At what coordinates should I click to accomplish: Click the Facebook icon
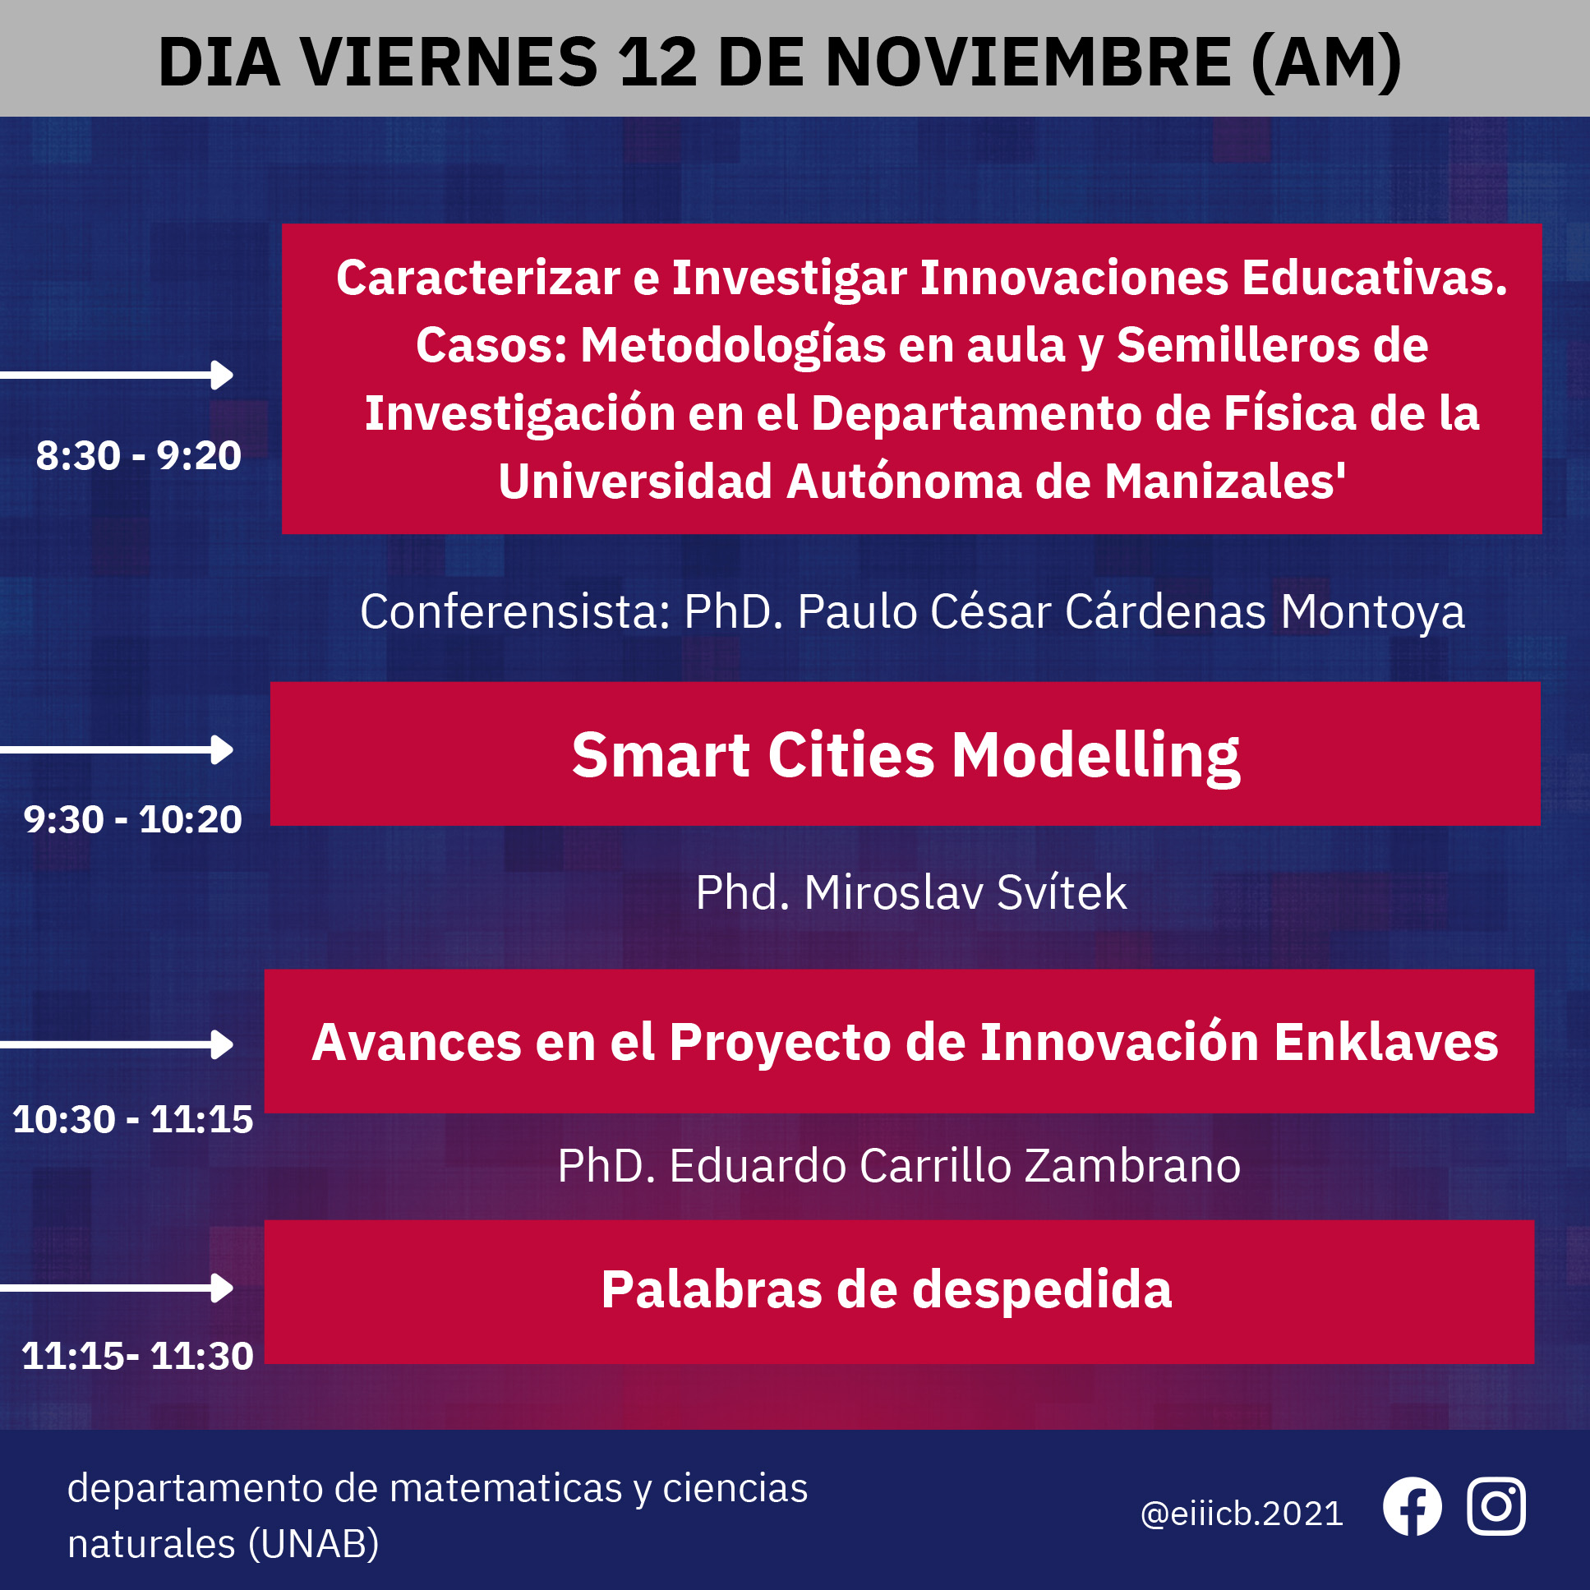point(1413,1506)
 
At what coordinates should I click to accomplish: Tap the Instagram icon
point(1496,1506)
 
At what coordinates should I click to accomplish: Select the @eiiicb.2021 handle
point(1242,1514)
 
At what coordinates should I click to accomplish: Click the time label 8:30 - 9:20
point(138,455)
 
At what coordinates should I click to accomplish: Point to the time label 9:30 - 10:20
point(132,819)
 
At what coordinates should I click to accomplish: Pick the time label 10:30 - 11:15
point(132,1119)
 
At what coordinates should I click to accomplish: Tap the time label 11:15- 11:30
point(137,1356)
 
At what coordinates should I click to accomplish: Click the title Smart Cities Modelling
point(906,755)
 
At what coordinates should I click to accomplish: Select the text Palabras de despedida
point(887,1289)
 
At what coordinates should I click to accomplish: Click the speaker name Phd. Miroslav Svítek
point(911,892)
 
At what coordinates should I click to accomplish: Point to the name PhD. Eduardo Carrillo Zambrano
point(899,1165)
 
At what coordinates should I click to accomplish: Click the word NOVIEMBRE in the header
point(1028,62)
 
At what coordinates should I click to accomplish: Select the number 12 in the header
point(658,62)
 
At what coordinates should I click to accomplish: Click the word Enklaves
point(1386,1042)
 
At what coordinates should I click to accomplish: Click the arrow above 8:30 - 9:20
point(117,375)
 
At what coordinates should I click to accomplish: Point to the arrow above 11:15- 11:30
point(117,1288)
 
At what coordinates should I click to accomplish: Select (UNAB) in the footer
point(313,1543)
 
